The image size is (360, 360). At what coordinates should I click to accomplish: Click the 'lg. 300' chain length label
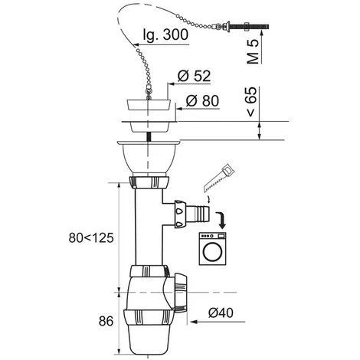pyautogui.click(x=165, y=34)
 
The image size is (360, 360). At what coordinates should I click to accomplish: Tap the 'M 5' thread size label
pyautogui.click(x=253, y=52)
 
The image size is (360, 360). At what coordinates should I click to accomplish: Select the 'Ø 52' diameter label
pyautogui.click(x=194, y=76)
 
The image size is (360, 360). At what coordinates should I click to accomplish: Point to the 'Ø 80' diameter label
pyautogui.click(x=202, y=100)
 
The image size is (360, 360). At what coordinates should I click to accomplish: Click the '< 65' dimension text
pyautogui.click(x=252, y=101)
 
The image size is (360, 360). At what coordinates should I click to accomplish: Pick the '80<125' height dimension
pyautogui.click(x=91, y=238)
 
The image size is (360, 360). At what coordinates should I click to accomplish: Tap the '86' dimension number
pyautogui.click(x=106, y=321)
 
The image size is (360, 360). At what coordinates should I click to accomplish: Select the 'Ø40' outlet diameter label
pyautogui.click(x=221, y=313)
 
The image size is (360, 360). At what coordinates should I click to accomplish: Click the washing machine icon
pyautogui.click(x=213, y=249)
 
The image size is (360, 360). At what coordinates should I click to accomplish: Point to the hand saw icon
pyautogui.click(x=219, y=178)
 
